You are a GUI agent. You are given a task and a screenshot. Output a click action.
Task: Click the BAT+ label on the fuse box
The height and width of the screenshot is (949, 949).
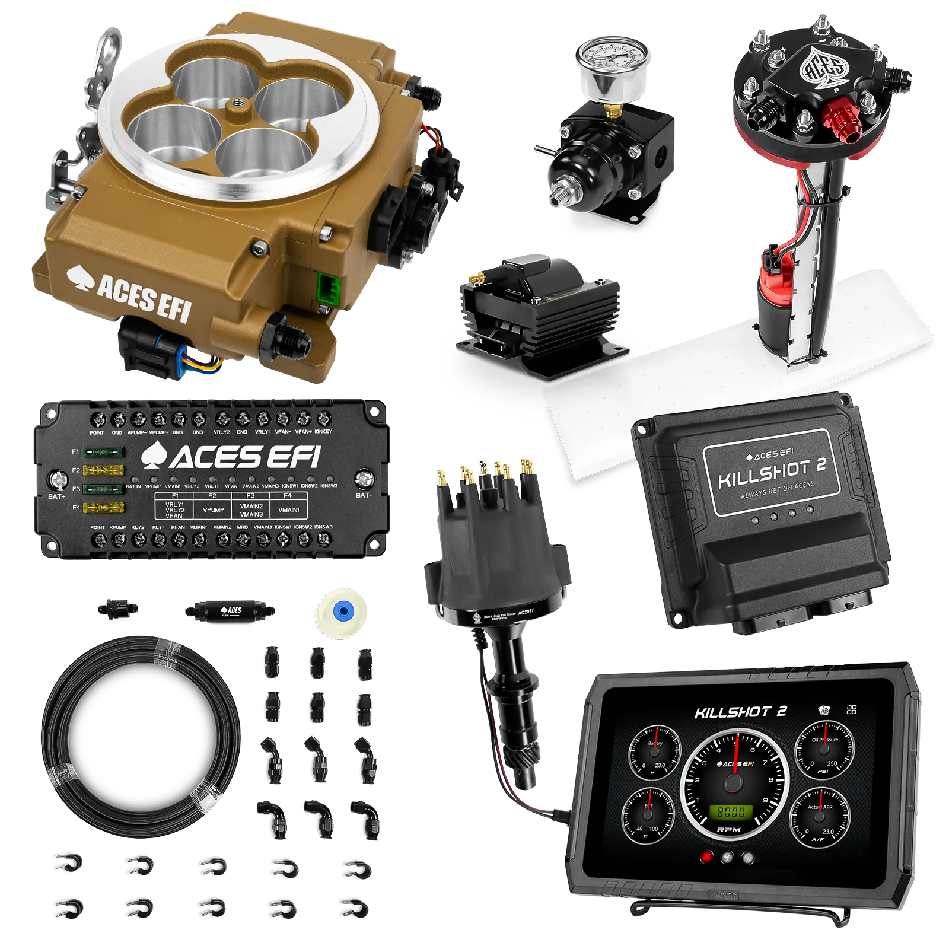click(56, 496)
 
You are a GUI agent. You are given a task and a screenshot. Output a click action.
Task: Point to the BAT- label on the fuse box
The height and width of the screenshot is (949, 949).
click(364, 495)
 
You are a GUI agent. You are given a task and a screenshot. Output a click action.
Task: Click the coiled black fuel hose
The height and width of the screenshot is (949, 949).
click(142, 735)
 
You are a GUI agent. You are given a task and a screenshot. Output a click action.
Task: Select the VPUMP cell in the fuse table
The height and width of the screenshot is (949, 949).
click(214, 509)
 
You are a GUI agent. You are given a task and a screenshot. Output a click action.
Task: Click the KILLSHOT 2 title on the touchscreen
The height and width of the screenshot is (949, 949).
click(740, 712)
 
